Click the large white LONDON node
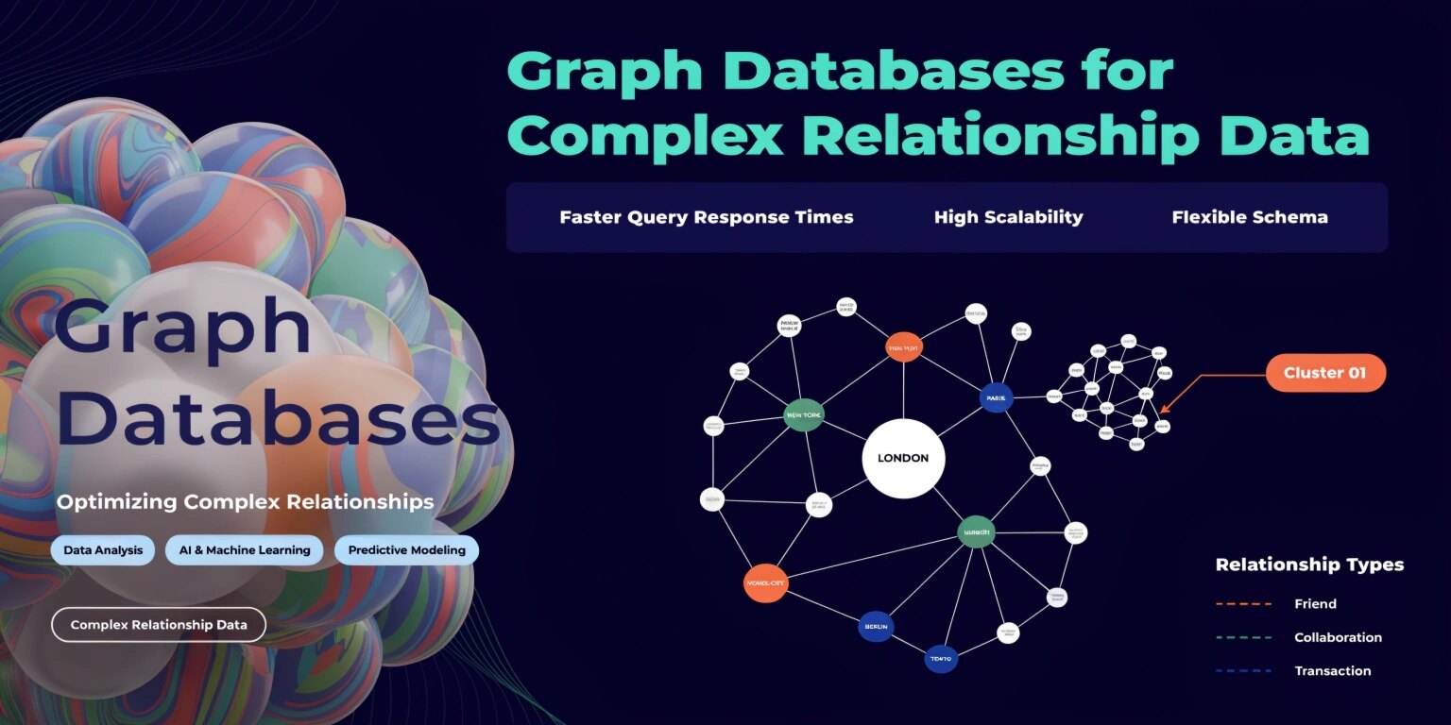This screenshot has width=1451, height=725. point(903,459)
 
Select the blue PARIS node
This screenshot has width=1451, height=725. point(996,397)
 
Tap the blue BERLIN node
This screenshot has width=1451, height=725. point(876,627)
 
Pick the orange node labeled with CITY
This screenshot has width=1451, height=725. point(765,583)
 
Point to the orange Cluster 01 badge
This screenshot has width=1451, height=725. point(1325,373)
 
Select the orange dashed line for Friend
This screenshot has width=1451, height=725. point(1243,604)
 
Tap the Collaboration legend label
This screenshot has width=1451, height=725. point(1338,637)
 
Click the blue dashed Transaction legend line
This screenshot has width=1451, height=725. point(1243,671)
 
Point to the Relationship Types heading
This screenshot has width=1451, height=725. point(1309,565)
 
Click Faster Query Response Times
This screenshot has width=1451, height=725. point(707,217)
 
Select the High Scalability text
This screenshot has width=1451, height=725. point(1008,217)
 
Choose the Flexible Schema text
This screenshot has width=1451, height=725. point(1250,217)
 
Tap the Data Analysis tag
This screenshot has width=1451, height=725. point(103,550)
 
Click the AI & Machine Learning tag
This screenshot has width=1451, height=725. point(245,550)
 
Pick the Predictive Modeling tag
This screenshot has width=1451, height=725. point(406,550)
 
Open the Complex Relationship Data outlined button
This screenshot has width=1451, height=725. point(159,625)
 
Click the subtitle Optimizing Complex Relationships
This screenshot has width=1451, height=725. point(246,501)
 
